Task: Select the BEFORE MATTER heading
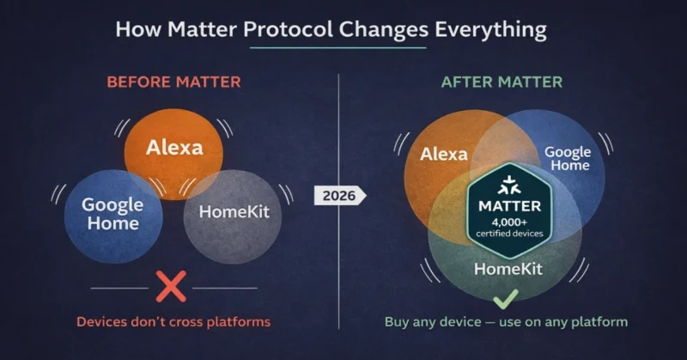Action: (x=173, y=82)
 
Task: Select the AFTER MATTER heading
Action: (x=502, y=82)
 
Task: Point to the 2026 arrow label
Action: (x=341, y=195)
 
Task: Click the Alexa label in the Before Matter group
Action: (x=174, y=147)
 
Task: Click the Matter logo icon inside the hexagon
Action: (x=504, y=183)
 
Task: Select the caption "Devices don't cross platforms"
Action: (x=173, y=322)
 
